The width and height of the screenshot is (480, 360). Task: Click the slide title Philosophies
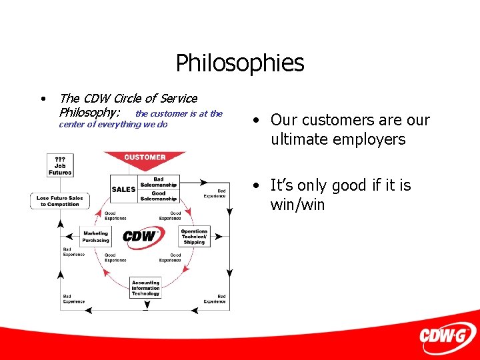point(240,63)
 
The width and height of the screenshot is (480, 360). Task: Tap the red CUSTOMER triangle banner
point(145,159)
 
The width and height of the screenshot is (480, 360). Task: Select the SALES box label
point(123,189)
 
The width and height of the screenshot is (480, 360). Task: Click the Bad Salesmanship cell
point(159,182)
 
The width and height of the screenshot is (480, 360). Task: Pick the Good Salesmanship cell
point(159,196)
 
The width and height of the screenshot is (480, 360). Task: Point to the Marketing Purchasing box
point(95,237)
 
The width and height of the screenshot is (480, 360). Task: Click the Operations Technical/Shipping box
point(195,237)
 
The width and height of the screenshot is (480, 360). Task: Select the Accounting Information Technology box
point(145,288)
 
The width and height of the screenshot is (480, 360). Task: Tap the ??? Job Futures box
point(60,165)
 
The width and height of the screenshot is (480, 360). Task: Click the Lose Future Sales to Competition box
point(60,201)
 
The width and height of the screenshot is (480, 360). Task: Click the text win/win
point(297,205)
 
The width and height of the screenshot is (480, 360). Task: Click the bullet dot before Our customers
point(256,121)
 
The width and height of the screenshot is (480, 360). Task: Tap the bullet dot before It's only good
point(256,185)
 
